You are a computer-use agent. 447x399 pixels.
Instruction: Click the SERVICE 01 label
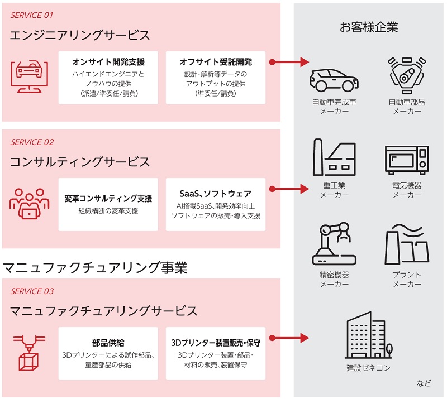(32, 15)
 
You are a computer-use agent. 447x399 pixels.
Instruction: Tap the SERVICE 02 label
(32, 142)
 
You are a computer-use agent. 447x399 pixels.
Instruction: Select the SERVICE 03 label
(32, 291)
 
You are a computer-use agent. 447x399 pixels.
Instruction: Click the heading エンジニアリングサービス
(80, 35)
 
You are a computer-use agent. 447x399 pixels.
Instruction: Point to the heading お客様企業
(369, 27)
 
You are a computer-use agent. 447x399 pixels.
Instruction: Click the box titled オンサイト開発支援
(108, 77)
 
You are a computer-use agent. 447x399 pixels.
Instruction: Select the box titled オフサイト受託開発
(216, 77)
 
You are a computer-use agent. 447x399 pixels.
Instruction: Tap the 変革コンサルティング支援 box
(108, 204)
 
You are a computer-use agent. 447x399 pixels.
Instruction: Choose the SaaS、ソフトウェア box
(216, 204)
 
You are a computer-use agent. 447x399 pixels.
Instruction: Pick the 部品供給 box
(108, 353)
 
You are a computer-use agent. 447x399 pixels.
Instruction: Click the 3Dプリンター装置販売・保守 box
(216, 353)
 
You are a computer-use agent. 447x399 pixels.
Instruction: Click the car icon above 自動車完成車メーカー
(334, 80)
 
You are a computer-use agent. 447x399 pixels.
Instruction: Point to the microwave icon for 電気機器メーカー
(407, 160)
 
